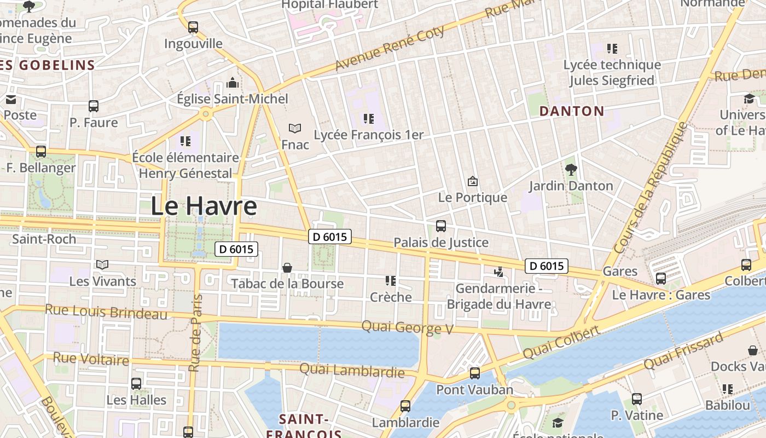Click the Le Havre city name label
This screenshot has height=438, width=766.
pos(204,206)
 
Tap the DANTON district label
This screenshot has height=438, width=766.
pos(572,111)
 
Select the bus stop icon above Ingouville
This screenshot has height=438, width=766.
pos(193,27)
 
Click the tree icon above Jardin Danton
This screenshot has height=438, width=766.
pos(571,170)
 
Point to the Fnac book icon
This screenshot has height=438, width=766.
pos(295,129)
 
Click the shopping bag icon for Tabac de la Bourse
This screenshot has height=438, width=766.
pos(287,268)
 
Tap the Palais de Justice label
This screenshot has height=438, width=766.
pos(441,243)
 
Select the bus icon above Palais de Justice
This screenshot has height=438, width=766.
pos(441,226)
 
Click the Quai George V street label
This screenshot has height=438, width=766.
pos(408,328)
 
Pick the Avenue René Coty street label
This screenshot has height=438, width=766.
pos(390,49)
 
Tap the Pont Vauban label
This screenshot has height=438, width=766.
pos(474,390)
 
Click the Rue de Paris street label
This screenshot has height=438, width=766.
pos(195,333)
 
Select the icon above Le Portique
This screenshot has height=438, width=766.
pos(473,181)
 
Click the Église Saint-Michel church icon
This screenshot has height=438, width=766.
pos(233,83)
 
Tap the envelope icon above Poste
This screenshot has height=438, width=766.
pos(11,100)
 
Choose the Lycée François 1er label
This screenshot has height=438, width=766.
pos(369,135)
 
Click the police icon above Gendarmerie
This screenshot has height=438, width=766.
pos(498,272)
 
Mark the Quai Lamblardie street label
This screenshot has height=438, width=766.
pos(352,371)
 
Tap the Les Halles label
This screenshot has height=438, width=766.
pos(136,400)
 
